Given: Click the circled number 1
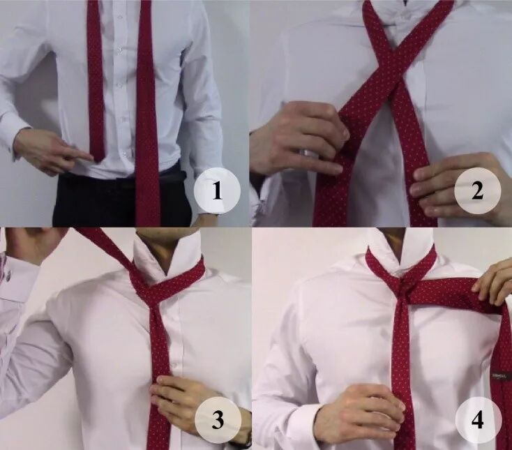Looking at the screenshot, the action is (217, 190).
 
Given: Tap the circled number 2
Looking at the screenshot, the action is (477, 190).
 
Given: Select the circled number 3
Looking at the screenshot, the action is (218, 419).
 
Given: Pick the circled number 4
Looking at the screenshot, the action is (478, 420).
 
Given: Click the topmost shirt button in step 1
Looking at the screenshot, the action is (119, 50).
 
